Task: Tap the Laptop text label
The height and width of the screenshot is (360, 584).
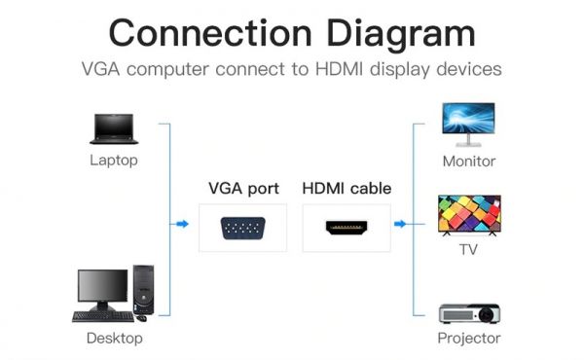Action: click(x=114, y=161)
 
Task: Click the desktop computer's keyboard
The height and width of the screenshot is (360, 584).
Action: click(x=100, y=315)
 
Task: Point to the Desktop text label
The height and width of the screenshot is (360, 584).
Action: click(x=114, y=339)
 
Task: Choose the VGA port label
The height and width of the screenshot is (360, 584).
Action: click(x=243, y=189)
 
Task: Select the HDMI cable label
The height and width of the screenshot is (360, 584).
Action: click(x=347, y=189)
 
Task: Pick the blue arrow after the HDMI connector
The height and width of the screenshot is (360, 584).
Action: click(x=400, y=224)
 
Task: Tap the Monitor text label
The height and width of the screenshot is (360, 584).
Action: click(x=469, y=162)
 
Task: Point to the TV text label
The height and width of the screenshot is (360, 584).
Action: click(x=469, y=251)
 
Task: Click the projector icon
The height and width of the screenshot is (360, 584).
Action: click(x=468, y=314)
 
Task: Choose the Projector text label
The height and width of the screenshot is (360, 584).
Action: click(x=469, y=339)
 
